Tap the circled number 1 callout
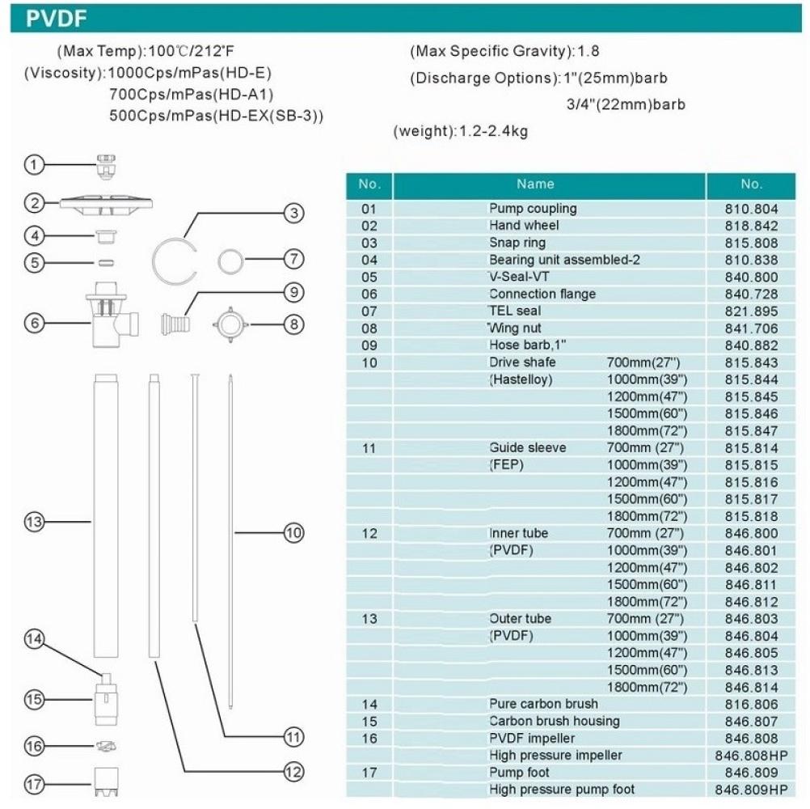point(33,165)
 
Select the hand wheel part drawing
point(102,203)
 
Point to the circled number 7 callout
point(293,260)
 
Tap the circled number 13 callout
point(33,523)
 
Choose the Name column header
point(535,184)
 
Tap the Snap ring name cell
point(517,243)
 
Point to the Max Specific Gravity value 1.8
point(588,52)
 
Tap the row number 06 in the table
point(369,294)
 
